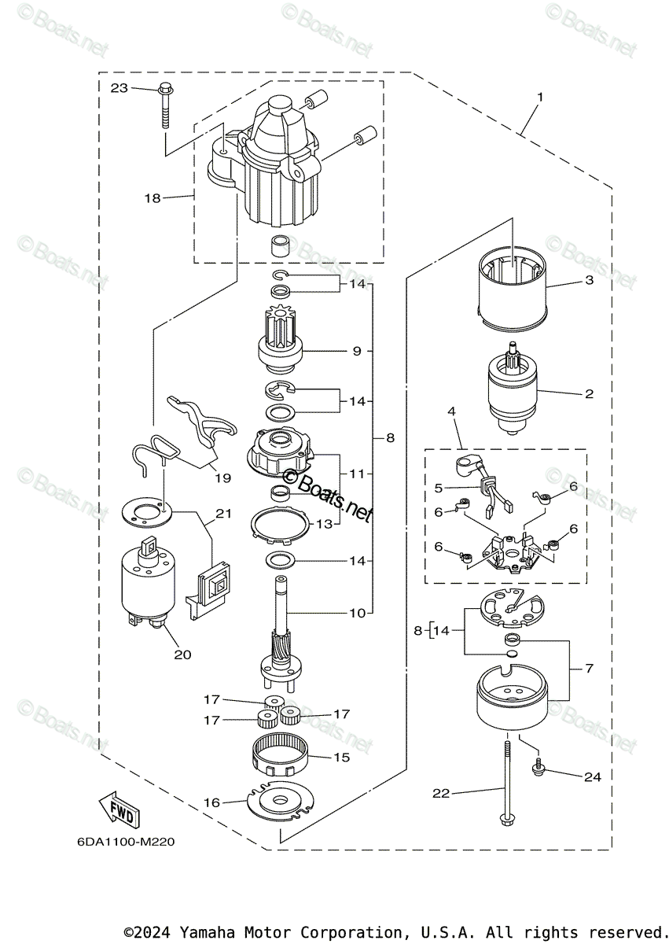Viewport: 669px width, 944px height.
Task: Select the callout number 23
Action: pyautogui.click(x=119, y=88)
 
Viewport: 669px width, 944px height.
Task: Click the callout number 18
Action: pyautogui.click(x=153, y=197)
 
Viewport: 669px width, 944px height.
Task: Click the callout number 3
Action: pyautogui.click(x=589, y=280)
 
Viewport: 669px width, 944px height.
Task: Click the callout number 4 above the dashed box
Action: pyautogui.click(x=451, y=411)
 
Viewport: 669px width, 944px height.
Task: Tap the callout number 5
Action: pyautogui.click(x=439, y=488)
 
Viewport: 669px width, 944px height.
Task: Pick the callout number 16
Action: pyautogui.click(x=211, y=802)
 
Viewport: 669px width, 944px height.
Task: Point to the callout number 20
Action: pyautogui.click(x=182, y=655)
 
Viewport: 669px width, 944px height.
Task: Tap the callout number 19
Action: pyautogui.click(x=222, y=478)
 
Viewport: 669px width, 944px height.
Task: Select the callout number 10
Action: pyautogui.click(x=357, y=613)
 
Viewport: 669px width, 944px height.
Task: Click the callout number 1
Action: pyautogui.click(x=540, y=97)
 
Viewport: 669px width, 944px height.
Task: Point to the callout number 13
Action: pyautogui.click(x=324, y=523)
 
